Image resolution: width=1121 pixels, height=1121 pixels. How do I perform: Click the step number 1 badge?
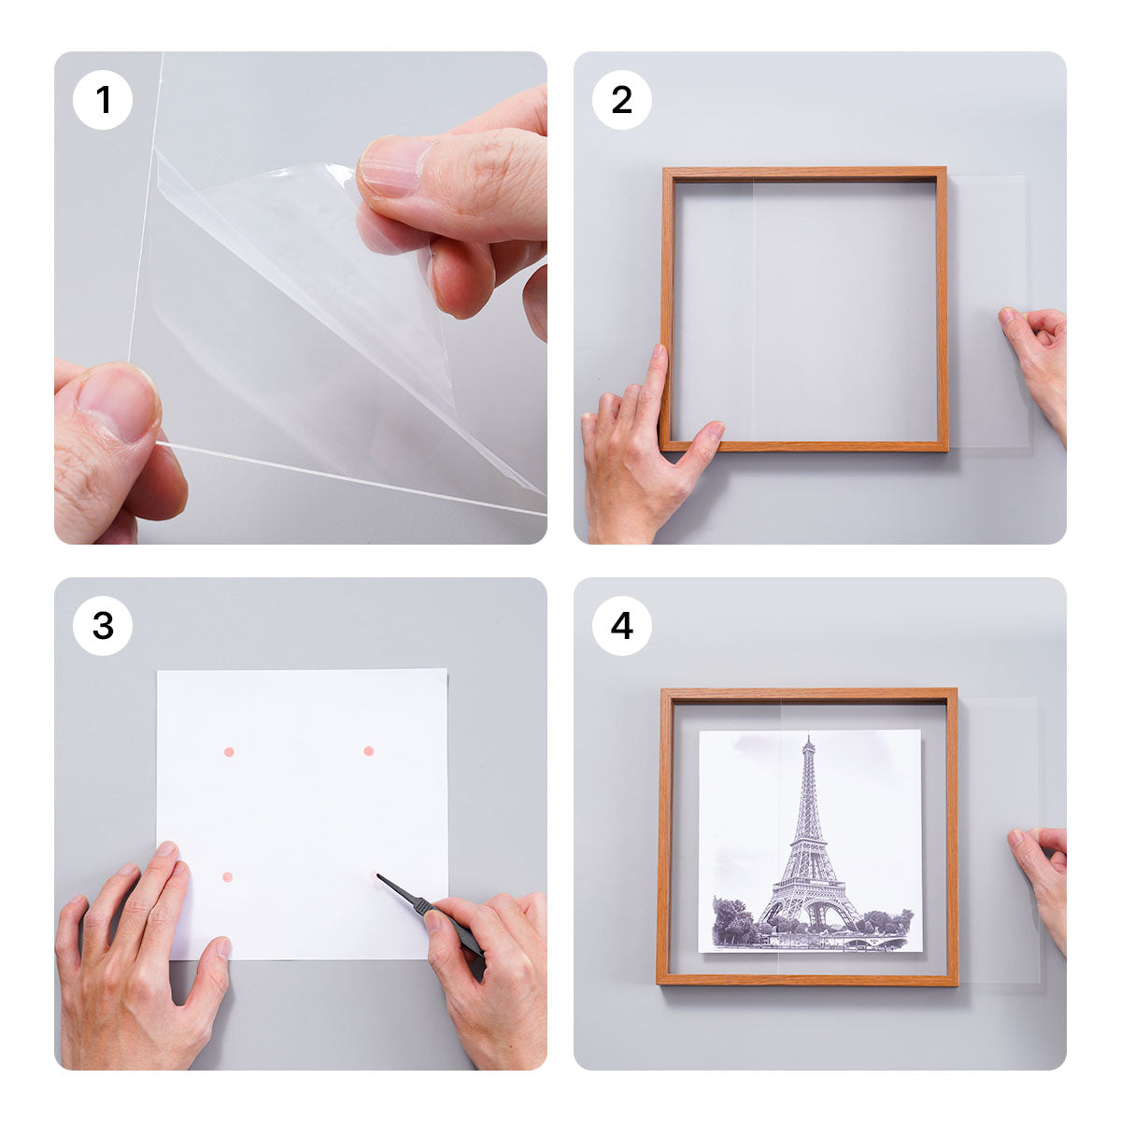[x=103, y=100]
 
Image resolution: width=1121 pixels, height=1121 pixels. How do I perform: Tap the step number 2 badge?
[x=622, y=100]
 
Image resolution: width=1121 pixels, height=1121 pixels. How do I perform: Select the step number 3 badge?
[x=103, y=626]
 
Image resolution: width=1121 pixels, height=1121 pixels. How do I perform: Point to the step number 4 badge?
[x=622, y=626]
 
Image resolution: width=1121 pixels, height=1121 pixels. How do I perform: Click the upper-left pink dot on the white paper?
[x=229, y=752]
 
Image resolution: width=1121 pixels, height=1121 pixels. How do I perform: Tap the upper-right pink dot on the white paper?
[x=368, y=751]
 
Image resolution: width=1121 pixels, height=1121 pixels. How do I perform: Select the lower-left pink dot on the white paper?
[x=228, y=877]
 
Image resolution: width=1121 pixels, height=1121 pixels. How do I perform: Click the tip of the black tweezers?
[x=378, y=876]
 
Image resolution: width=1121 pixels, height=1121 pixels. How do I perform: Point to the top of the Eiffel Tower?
[x=808, y=739]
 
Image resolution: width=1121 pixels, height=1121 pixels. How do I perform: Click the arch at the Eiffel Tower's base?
[x=810, y=915]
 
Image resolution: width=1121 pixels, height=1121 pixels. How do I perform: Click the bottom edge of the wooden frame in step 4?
[x=808, y=979]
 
